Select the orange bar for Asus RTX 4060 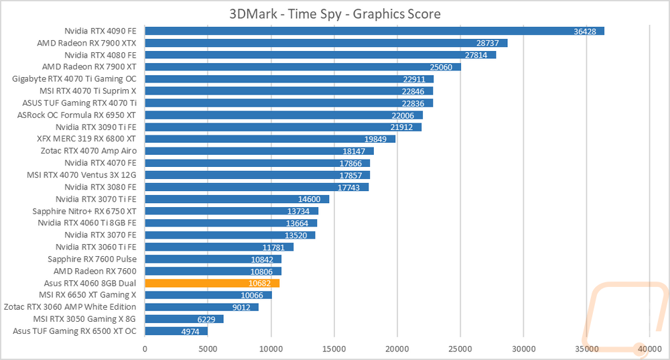point(212,283)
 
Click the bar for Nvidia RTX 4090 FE point(375,31)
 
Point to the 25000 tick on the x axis point(460,349)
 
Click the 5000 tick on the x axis point(208,349)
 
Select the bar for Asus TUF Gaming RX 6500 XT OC point(176,331)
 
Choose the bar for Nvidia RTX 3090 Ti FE point(283,127)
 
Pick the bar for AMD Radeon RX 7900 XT point(302,67)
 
